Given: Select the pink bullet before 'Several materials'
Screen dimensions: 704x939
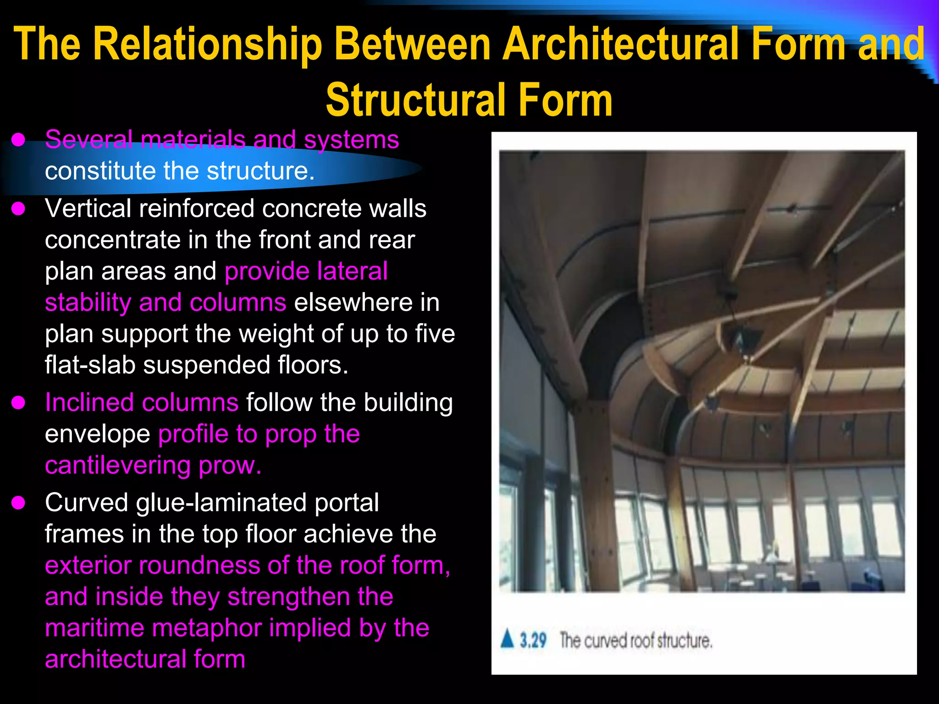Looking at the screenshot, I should click(18, 140).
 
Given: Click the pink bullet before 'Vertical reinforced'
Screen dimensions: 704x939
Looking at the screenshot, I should click(18, 209).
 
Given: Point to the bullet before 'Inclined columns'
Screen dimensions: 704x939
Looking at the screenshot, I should click(18, 403).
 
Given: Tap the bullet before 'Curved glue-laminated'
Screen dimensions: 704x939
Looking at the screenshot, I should click(18, 503).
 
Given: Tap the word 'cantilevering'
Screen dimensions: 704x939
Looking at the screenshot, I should click(118, 465).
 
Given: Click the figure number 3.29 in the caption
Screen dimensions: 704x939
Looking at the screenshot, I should click(533, 640).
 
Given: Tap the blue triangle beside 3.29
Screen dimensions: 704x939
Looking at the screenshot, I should click(507, 638).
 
